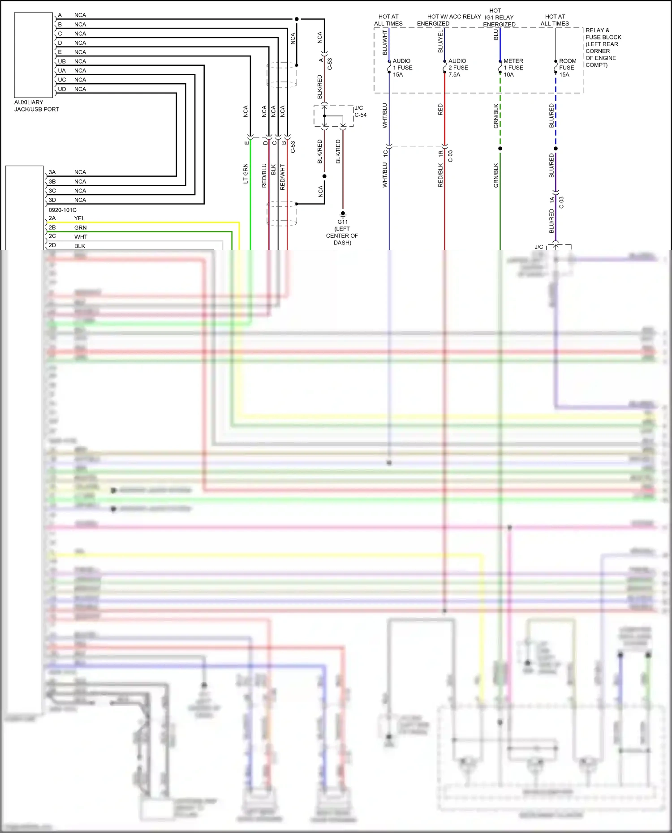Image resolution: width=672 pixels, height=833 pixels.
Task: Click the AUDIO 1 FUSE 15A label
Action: tap(402, 68)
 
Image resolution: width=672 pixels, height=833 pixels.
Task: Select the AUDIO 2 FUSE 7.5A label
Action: tap(458, 68)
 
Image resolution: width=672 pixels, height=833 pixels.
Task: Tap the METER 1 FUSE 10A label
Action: tap(513, 68)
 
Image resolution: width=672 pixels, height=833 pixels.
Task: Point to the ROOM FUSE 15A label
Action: tap(567, 68)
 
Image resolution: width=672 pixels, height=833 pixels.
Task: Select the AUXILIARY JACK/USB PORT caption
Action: tap(36, 106)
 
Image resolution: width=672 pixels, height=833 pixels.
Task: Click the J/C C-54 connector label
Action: tap(360, 111)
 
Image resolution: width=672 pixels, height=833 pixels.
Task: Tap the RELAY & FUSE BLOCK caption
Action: tap(603, 47)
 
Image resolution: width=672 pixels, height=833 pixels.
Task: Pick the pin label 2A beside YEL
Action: tap(52, 218)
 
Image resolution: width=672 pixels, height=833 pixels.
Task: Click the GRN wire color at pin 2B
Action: tap(80, 228)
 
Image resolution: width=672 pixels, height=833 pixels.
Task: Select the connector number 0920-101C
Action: tap(62, 210)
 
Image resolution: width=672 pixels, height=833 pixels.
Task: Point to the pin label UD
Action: tap(62, 89)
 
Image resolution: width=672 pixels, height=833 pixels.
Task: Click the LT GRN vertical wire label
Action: tap(246, 174)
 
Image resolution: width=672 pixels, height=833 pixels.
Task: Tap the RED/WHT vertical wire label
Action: tap(283, 177)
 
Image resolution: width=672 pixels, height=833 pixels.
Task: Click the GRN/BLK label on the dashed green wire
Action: tap(496, 116)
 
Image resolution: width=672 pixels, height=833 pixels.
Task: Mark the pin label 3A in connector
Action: tap(52, 172)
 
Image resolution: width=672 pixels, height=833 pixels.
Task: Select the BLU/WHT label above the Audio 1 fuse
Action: tap(385, 43)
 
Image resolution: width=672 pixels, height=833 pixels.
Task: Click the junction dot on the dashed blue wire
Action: tap(556, 148)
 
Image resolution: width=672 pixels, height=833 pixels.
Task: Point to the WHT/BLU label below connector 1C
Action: tap(385, 175)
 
